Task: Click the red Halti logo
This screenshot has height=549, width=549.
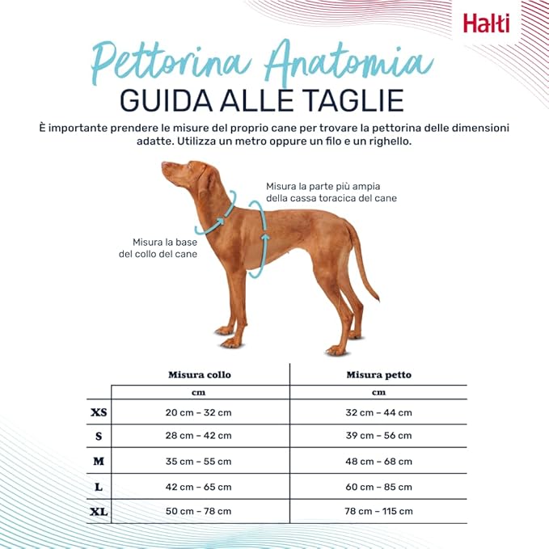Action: (x=486, y=23)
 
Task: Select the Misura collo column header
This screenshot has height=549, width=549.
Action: (x=200, y=375)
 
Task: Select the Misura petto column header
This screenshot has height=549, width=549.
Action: (x=379, y=375)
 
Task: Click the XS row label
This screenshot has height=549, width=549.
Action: (x=99, y=412)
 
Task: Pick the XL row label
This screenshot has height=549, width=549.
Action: (x=99, y=512)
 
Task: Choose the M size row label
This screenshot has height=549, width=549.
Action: (x=99, y=461)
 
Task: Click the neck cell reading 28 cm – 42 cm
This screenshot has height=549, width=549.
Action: (x=199, y=436)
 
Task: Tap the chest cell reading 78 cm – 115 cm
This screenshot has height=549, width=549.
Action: (x=379, y=511)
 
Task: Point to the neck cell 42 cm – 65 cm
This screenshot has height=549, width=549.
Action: (x=199, y=487)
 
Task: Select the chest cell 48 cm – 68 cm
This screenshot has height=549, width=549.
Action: (x=379, y=462)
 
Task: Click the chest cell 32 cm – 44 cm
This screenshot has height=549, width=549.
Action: (x=379, y=412)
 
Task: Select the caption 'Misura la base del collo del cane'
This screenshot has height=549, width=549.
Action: (x=158, y=248)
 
